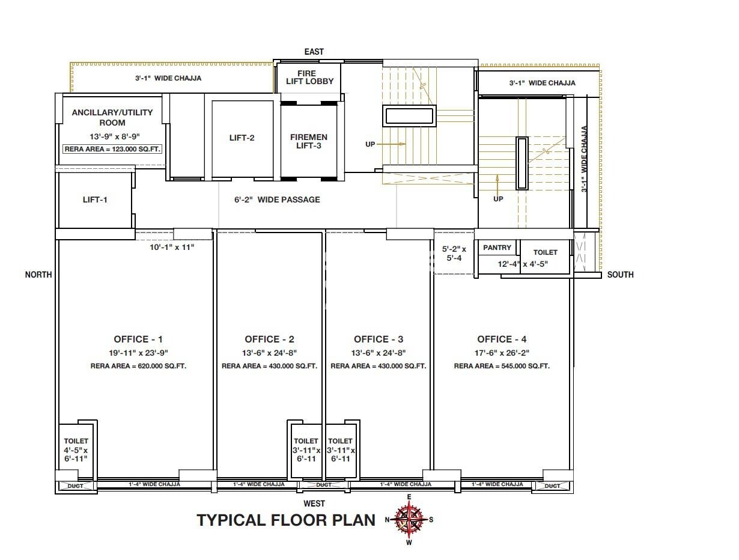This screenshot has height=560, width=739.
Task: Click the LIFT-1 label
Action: pyautogui.click(x=95, y=199)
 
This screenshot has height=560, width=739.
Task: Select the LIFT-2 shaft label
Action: pyautogui.click(x=242, y=138)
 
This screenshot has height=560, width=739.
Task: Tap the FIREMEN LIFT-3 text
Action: pyautogui.click(x=309, y=141)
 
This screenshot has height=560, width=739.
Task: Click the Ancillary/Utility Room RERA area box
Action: pyautogui.click(x=112, y=148)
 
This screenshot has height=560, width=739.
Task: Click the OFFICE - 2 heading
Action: pyautogui.click(x=269, y=339)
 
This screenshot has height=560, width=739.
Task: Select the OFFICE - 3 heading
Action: pyautogui.click(x=379, y=339)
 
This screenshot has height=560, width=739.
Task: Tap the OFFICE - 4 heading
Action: pyautogui.click(x=502, y=339)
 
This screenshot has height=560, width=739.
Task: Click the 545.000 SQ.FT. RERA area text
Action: pyautogui.click(x=502, y=366)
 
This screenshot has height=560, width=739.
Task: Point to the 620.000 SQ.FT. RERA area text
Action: pyautogui.click(x=138, y=366)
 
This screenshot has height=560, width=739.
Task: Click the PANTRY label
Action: pyautogui.click(x=497, y=248)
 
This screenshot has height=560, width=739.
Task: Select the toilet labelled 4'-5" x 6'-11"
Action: pyautogui.click(x=76, y=450)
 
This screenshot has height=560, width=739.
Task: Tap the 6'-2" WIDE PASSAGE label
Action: pyautogui.click(x=277, y=199)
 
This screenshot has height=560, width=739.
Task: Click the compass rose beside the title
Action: pyautogui.click(x=409, y=519)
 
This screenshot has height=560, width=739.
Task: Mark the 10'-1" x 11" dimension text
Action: pyautogui.click(x=180, y=246)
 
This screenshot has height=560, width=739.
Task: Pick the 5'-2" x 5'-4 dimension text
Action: pyautogui.click(x=454, y=253)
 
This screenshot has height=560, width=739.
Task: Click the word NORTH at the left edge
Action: pyautogui.click(x=38, y=275)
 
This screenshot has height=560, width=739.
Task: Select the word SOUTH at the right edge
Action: pyautogui.click(x=620, y=275)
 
